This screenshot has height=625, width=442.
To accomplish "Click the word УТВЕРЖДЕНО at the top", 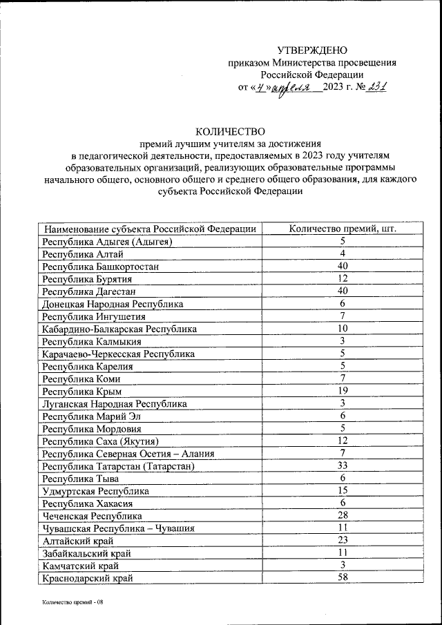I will click(312, 50).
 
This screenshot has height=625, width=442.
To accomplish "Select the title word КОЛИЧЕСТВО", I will click(230, 131).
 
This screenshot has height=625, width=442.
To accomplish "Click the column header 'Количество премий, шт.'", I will click(342, 229).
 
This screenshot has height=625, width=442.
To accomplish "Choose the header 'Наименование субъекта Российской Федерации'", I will click(150, 229).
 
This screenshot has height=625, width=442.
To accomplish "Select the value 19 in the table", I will click(342, 391).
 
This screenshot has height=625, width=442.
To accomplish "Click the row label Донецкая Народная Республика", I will click(113, 304).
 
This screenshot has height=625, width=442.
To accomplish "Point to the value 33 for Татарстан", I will click(342, 465).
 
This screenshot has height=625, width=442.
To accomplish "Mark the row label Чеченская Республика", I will click(93, 515).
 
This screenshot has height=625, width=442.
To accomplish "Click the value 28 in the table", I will click(342, 515).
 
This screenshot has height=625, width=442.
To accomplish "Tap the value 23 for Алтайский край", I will click(342, 540).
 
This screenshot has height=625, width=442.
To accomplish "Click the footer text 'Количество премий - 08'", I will click(72, 602).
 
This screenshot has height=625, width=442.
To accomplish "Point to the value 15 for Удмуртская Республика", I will click(342, 490).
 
